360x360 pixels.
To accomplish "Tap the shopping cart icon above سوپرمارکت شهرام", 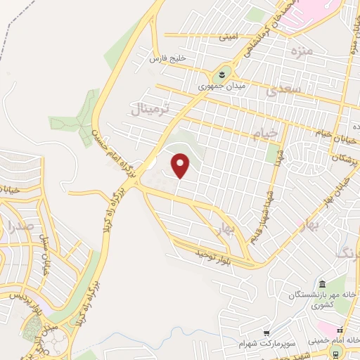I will [266, 333].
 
